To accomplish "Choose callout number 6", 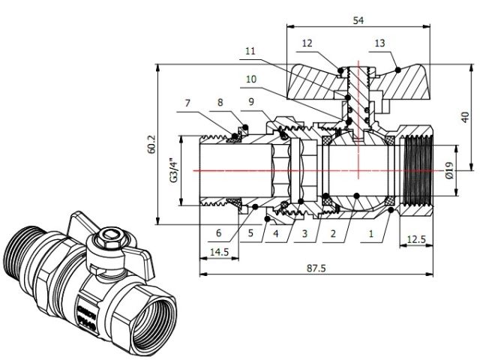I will pyautogui.click(x=218, y=232).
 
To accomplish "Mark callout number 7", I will pyautogui.click(x=188, y=103).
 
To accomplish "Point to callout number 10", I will pyautogui.click(x=250, y=78).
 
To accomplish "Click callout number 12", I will pyautogui.click(x=307, y=43).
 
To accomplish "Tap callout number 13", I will pyautogui.click(x=379, y=43).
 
